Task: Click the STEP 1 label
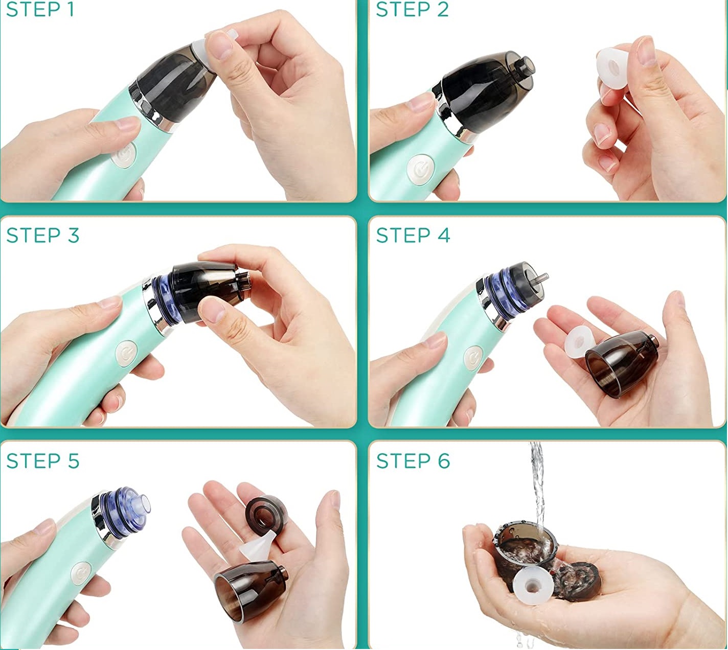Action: coord(40,10)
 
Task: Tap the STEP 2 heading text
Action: coord(412,10)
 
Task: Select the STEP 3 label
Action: coord(43,235)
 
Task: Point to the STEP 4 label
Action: coord(413,235)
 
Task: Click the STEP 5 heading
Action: coord(43,460)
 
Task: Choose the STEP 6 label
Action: coord(413,460)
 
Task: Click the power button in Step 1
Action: coord(124,155)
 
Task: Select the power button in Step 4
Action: coord(472,358)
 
